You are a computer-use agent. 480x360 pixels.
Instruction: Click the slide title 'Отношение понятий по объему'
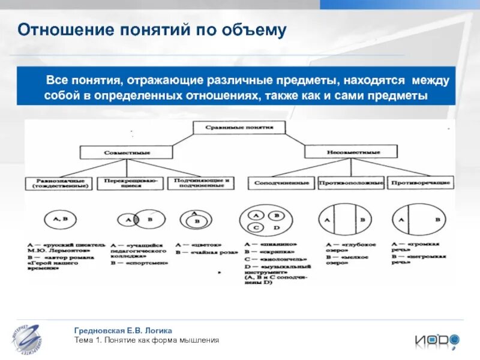(151, 30)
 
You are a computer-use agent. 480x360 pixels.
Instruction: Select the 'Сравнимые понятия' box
(239, 127)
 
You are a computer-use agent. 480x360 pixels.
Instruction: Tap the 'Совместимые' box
(119, 152)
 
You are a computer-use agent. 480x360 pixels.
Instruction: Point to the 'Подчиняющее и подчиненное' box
(200, 183)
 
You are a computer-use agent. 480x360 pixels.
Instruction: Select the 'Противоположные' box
(350, 182)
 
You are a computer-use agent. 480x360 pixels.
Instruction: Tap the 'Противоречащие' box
(419, 182)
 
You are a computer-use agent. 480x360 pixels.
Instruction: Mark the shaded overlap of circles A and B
(137, 220)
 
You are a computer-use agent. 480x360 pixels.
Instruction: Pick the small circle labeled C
(256, 228)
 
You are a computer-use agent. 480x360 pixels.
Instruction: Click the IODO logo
(436, 340)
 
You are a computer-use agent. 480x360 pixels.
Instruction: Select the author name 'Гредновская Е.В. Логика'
(123, 331)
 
